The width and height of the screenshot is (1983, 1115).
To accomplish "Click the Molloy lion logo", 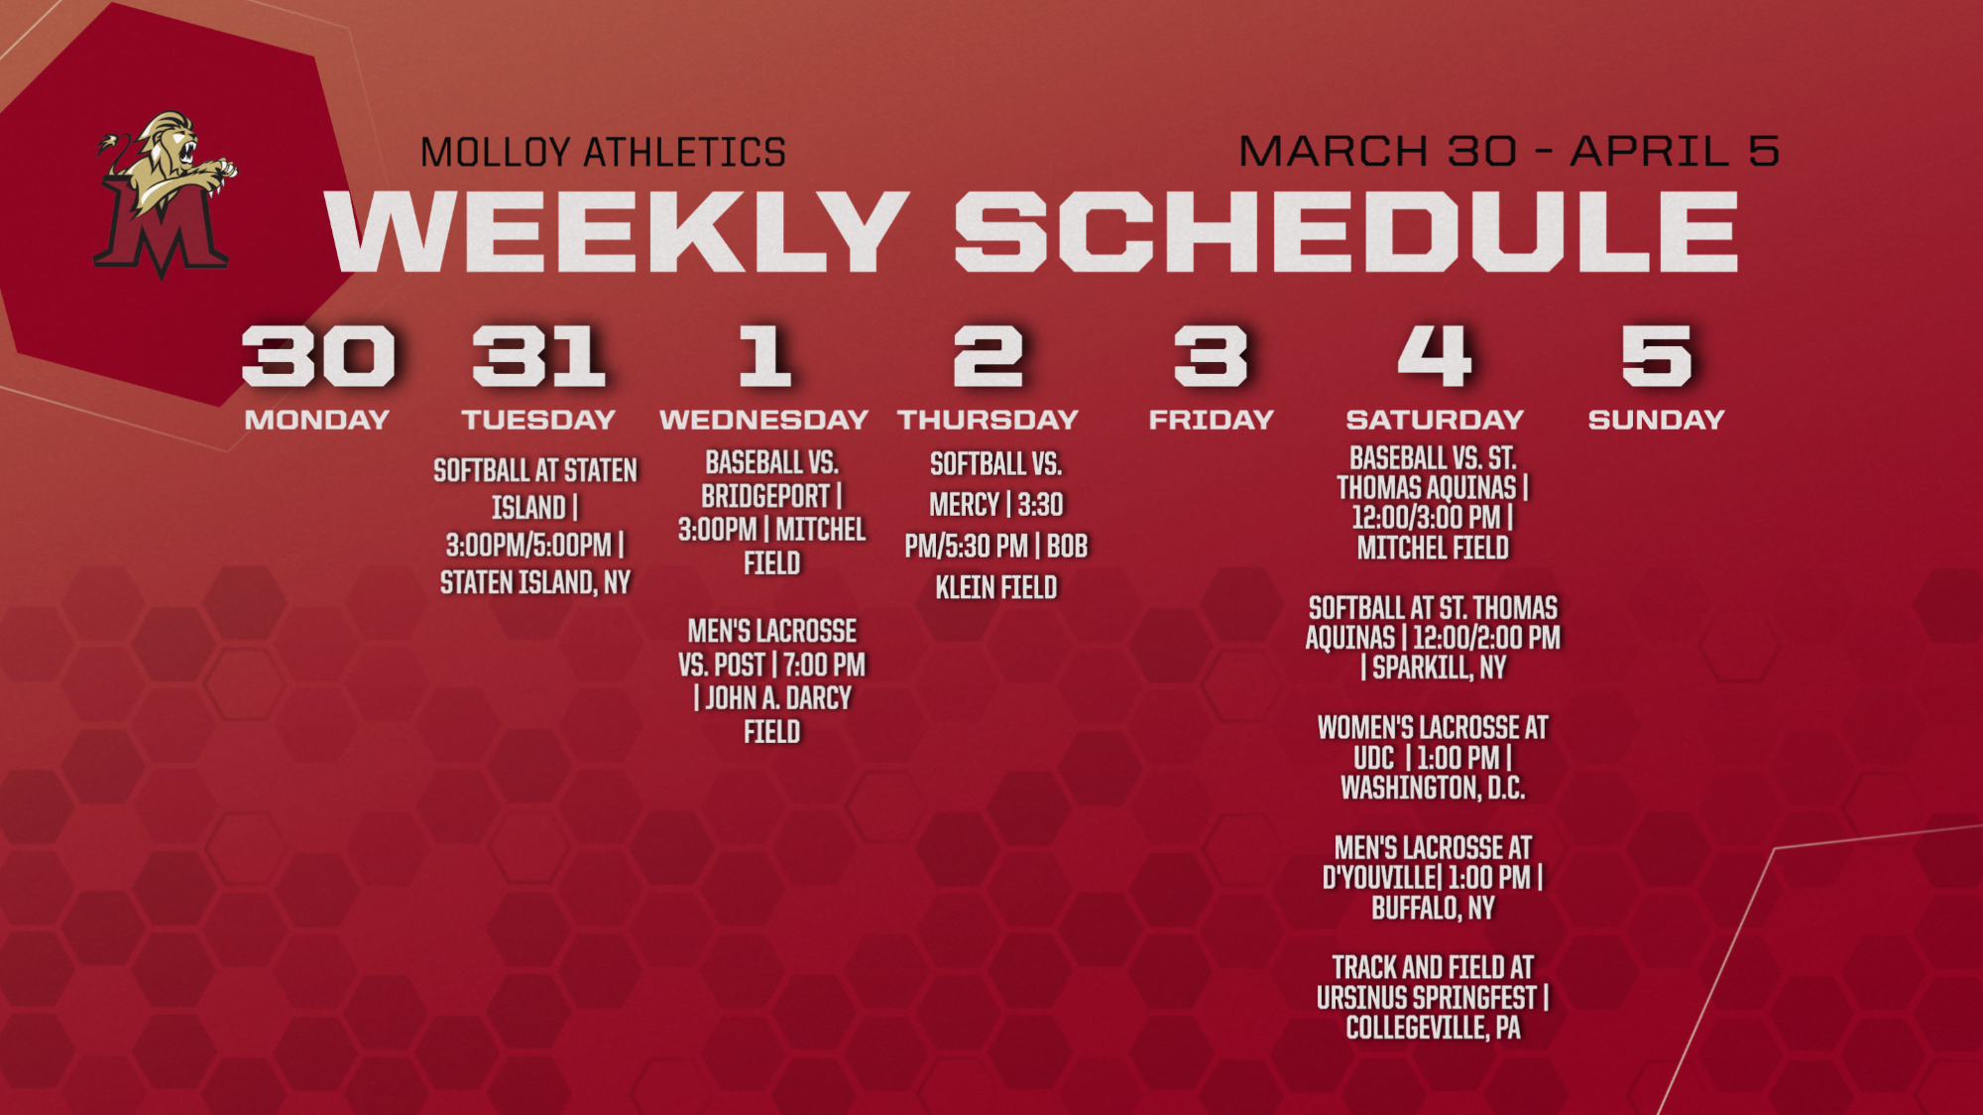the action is pos(166,193).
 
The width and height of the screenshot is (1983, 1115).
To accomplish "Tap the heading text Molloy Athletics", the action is pos(603,153).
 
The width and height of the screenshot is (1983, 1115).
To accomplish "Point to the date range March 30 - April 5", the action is pos(1508,151).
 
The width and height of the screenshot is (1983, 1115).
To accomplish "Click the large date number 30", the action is pos(318,355).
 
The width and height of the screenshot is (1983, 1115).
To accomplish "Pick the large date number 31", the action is pos(538,355).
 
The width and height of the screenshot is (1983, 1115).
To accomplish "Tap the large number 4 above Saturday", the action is pos(1434,355).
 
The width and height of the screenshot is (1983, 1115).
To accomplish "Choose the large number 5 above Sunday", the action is pos(1656,355).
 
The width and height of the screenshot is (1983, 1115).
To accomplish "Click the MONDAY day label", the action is pos(317,420).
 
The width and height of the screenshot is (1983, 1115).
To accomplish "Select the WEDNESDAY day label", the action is pos(763,420).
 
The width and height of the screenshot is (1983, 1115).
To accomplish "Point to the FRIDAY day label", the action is pos(1211,420).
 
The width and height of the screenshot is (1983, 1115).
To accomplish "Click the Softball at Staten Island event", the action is pos(535,526).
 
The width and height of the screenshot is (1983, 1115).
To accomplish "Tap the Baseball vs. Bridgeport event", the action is pos(771,512).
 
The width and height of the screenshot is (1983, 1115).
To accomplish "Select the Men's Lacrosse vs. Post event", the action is pos(771,681).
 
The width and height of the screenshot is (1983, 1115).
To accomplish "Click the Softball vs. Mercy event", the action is pos(996,526).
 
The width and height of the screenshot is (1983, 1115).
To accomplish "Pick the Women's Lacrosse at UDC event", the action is pos(1433,758).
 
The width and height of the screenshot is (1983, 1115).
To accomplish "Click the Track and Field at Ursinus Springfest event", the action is pos(1433,997).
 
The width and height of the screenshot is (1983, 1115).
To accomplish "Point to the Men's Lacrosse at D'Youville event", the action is pos(1433,877).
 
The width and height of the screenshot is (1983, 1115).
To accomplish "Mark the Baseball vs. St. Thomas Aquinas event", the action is pos(1433,503).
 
